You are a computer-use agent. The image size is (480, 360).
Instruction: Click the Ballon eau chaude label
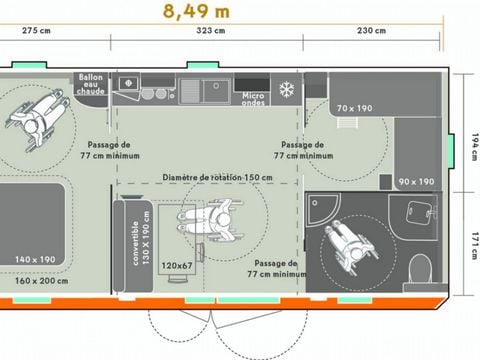91,85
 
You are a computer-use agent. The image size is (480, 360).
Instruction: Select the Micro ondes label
253,98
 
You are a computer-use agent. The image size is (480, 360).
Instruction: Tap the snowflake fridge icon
286,88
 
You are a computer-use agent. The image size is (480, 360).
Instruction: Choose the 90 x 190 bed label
416,181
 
